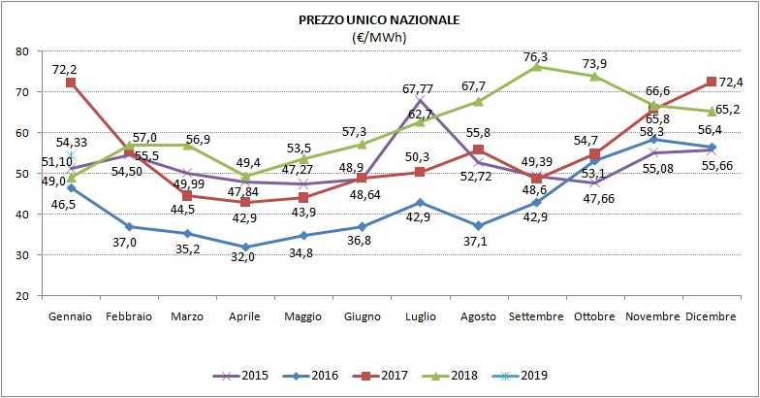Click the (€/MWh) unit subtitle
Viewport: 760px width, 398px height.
pos(379,37)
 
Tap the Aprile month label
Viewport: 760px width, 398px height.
pos(245,317)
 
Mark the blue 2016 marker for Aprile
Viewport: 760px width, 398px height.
pos(245,247)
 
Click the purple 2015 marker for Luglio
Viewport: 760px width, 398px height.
pos(419,100)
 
